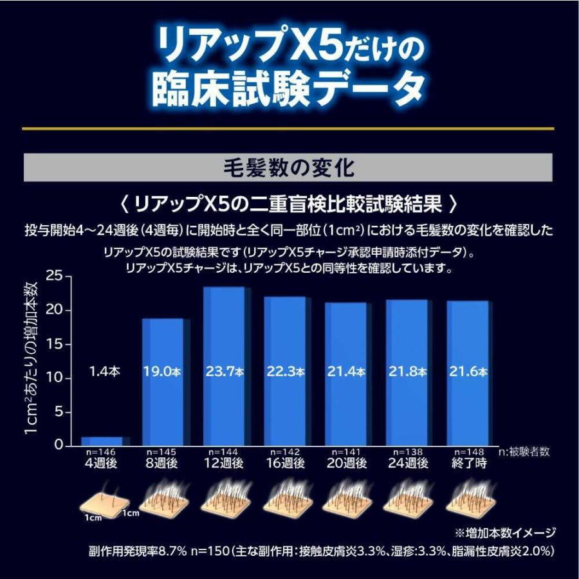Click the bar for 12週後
(x=224, y=335)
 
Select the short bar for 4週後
(x=102, y=441)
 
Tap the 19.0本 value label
(x=163, y=372)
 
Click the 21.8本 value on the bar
(x=407, y=372)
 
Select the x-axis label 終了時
(x=468, y=463)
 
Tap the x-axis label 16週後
(x=285, y=463)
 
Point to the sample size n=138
(x=407, y=452)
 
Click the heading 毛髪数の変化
(x=289, y=169)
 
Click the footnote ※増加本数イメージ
(x=505, y=533)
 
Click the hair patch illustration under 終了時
(x=468, y=499)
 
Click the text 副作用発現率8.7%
(x=138, y=552)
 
